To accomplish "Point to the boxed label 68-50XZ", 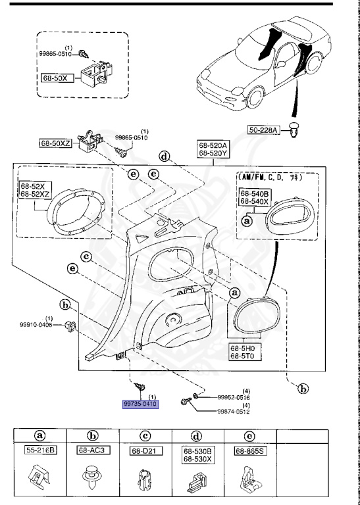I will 55,142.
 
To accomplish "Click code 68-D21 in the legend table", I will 143,451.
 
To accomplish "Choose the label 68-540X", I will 253,203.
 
